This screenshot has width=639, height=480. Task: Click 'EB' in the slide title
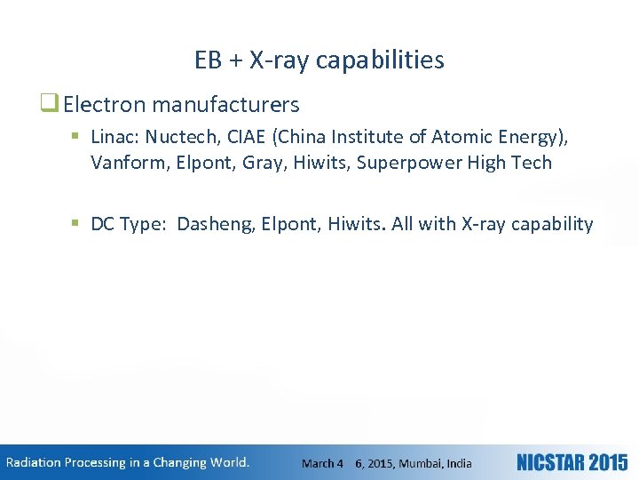209,60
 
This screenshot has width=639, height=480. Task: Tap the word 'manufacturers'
225,105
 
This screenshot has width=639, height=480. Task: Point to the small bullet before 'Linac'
76,137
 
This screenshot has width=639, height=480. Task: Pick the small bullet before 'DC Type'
76,224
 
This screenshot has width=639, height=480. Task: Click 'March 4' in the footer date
322,463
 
